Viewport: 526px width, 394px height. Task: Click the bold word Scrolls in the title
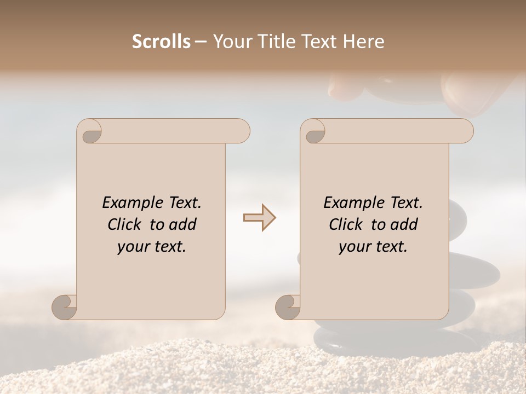162,42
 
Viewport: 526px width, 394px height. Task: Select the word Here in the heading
364,42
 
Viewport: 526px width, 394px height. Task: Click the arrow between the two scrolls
259,218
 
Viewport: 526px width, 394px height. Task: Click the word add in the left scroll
184,224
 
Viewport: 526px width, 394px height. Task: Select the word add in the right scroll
405,224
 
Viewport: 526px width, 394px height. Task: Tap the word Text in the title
317,42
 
